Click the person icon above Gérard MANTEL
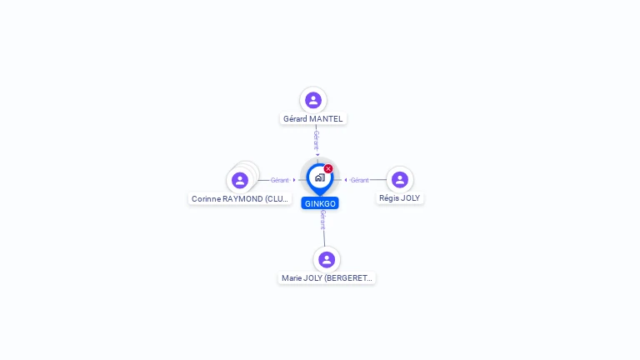313,100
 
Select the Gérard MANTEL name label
313,119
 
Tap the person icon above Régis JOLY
400,180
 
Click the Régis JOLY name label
400,198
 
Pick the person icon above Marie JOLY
327,260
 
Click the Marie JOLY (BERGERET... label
327,278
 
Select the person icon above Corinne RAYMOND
240,180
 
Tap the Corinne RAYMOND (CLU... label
240,199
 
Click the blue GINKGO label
320,203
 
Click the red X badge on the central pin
328,168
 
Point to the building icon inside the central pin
320,177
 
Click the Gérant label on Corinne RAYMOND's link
280,180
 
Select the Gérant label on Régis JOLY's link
360,180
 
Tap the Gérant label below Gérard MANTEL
317,140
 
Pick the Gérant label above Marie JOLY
322,220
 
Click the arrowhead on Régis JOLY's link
346,180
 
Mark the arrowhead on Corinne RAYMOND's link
294,180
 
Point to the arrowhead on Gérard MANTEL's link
317,155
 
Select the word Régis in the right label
387,198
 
